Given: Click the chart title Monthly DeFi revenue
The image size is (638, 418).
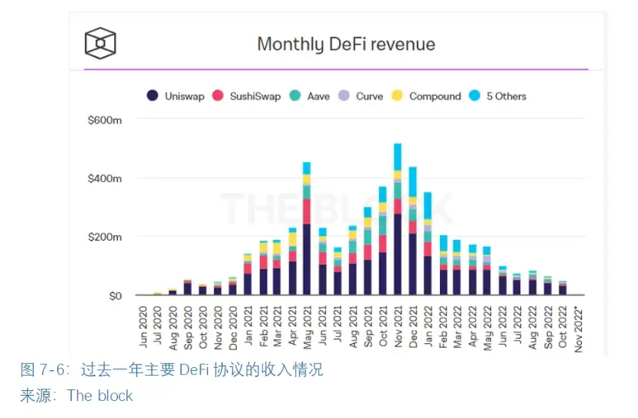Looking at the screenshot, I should pyautogui.click(x=346, y=44).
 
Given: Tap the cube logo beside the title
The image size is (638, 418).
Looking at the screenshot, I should pyautogui.click(x=100, y=43).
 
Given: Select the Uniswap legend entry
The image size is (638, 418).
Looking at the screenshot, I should pyautogui.click(x=176, y=96).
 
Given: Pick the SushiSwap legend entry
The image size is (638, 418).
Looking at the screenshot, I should pyautogui.click(x=250, y=96).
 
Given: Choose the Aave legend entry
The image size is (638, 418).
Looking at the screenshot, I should pyautogui.click(x=311, y=96).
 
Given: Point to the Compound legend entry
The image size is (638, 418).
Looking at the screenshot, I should pyautogui.click(x=427, y=96).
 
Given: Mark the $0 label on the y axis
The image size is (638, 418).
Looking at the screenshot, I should pyautogui.click(x=115, y=295).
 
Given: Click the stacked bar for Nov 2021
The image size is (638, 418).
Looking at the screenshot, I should pyautogui.click(x=398, y=219).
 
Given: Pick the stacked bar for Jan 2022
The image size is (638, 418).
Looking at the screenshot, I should pyautogui.click(x=428, y=244).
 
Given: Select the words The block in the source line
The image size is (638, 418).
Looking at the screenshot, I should pyautogui.click(x=100, y=396).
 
